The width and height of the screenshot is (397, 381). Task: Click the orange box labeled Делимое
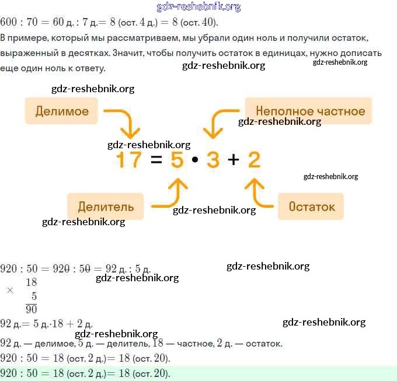(61, 111)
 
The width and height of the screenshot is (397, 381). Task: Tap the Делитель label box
(106, 207)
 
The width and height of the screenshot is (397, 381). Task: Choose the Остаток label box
(311, 207)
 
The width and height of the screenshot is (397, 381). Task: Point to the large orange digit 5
(177, 160)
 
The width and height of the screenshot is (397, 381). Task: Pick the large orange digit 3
(213, 160)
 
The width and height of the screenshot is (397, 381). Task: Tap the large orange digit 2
(254, 160)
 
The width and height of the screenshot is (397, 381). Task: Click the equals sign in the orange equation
(156, 160)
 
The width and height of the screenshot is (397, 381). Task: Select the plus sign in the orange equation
(234, 160)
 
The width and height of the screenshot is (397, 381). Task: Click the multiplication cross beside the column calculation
(10, 290)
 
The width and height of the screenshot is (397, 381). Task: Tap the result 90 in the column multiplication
(31, 309)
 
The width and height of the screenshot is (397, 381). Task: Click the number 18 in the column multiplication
(31, 282)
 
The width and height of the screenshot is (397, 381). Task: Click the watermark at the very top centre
(198, 7)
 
